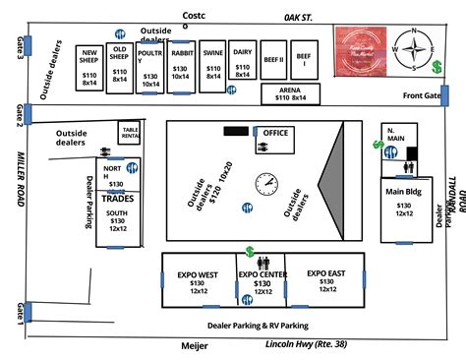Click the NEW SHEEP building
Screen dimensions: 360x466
(x=88, y=67)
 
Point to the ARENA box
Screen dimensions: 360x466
(x=295, y=94)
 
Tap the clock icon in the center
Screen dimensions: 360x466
(x=266, y=184)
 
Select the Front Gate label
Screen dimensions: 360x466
(x=420, y=95)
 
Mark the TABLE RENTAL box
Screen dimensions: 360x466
(x=130, y=132)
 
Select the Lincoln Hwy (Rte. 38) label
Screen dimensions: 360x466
(x=306, y=344)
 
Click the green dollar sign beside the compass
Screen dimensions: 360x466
(x=437, y=66)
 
